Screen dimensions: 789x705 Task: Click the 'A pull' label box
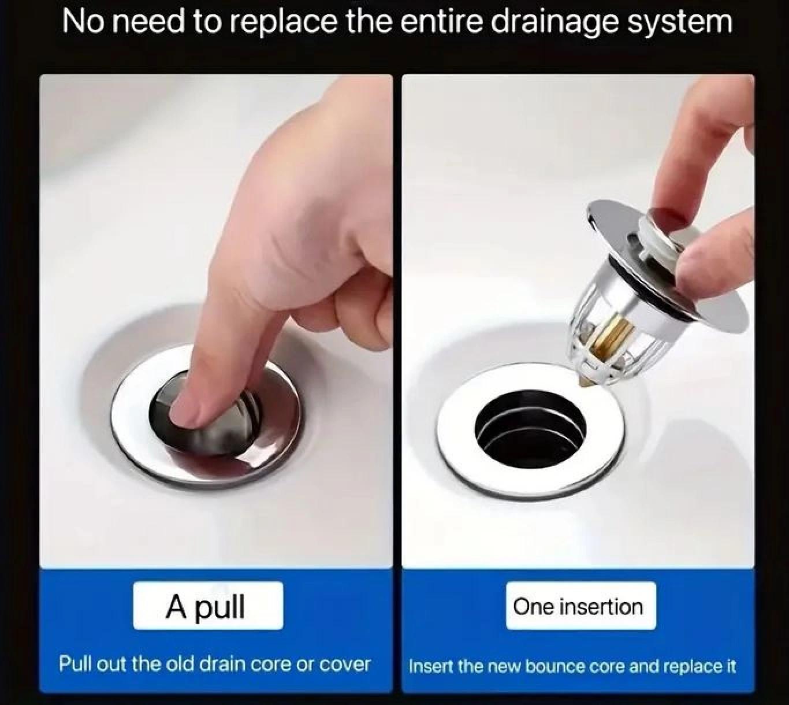208,606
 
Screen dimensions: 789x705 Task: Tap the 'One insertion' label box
581,606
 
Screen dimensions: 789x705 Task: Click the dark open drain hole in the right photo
530,429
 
